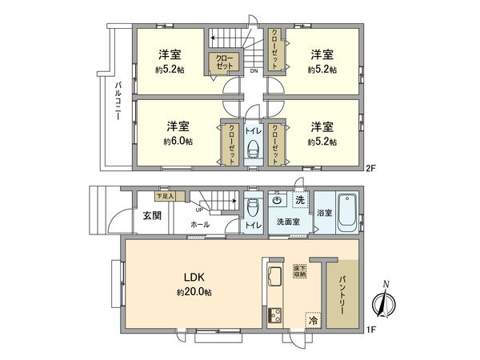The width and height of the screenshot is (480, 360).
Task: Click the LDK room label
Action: pyautogui.click(x=195, y=278)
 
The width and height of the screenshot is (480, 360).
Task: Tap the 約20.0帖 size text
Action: pyautogui.click(x=195, y=293)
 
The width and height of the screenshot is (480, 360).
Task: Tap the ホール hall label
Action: pyautogui.click(x=200, y=225)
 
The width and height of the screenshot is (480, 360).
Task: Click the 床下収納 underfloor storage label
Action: pyautogui.click(x=300, y=270)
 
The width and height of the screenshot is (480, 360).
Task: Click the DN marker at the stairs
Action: pyautogui.click(x=254, y=71)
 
